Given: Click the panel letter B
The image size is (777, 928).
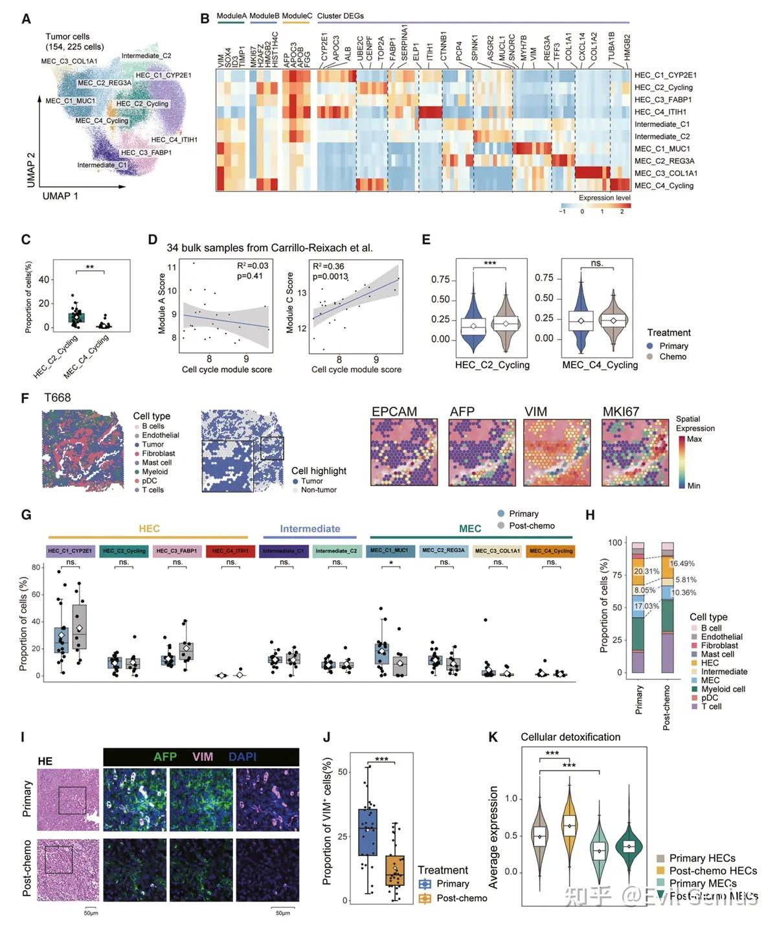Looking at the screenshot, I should (205, 19).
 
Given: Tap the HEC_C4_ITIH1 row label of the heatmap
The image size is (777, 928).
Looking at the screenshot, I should (660, 112).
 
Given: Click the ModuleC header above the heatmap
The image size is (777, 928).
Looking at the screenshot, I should (297, 16).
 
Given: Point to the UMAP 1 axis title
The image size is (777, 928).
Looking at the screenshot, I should (60, 196).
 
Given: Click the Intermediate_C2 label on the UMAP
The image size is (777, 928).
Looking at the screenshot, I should (146, 56).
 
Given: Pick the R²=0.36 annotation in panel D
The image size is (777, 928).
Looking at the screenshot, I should (328, 266).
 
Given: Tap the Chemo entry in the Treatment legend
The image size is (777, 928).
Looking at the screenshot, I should (673, 357).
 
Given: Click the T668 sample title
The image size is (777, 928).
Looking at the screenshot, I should (58, 398).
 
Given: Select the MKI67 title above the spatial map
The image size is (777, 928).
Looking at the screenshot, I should (620, 412).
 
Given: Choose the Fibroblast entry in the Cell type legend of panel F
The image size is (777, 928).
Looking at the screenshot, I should (159, 454).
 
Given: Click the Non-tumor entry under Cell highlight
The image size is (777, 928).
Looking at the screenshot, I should (319, 490).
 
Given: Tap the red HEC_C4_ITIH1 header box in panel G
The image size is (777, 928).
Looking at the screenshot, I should (231, 551).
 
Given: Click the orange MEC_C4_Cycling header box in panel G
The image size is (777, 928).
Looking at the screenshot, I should (550, 551).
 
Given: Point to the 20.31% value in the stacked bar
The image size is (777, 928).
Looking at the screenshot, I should (646, 572).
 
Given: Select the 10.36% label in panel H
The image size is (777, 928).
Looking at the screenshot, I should (684, 593).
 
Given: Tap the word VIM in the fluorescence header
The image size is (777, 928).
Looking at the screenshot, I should (202, 756).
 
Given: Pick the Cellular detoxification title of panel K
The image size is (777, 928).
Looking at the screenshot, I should (570, 737).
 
